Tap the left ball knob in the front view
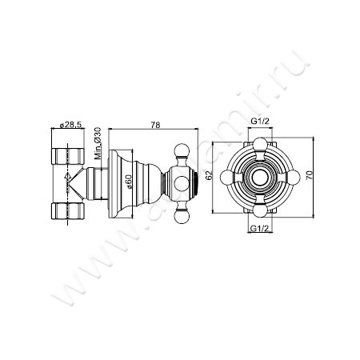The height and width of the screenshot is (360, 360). coord(226,177)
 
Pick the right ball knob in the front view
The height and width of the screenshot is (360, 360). coord(294,177)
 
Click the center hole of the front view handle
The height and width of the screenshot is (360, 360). coord(260,177)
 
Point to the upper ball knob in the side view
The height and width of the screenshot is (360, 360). coord(182,148)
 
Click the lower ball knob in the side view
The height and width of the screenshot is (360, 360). coord(182,206)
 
